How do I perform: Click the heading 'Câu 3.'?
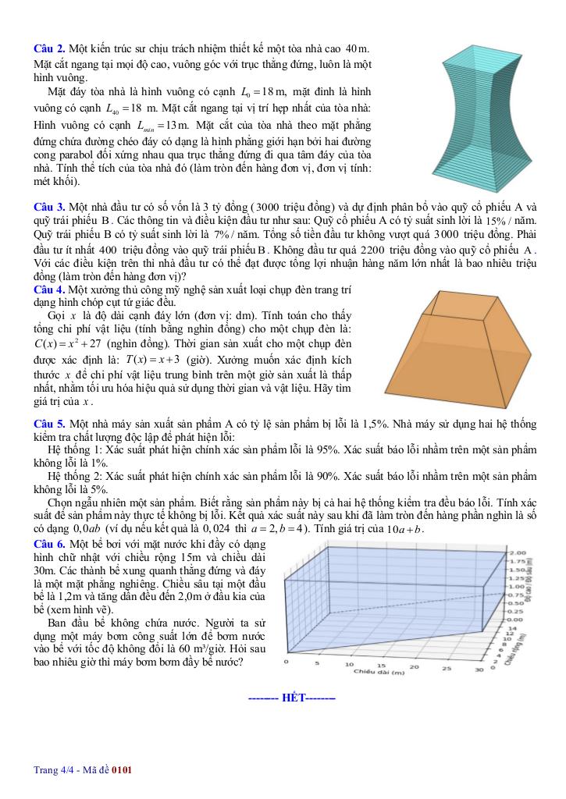49,207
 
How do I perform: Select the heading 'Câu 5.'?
49,423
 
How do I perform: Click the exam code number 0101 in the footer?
122,770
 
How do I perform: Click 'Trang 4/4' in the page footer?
52,770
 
